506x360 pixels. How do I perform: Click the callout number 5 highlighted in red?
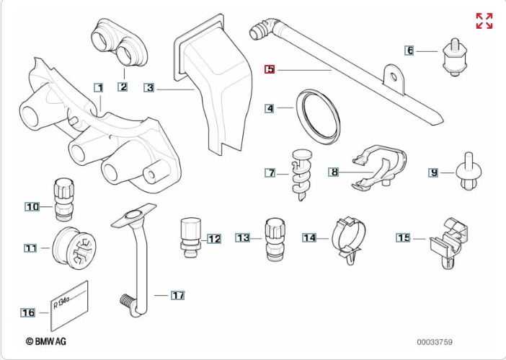click(270, 69)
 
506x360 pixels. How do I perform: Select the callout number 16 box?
click(27, 312)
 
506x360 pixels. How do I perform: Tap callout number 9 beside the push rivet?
click(433, 172)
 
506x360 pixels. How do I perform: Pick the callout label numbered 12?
click(214, 238)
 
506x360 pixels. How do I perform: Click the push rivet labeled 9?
click(468, 172)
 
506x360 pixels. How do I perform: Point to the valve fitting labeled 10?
click(62, 198)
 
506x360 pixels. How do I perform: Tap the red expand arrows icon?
click(484, 21)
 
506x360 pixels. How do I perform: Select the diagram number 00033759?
click(434, 341)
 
